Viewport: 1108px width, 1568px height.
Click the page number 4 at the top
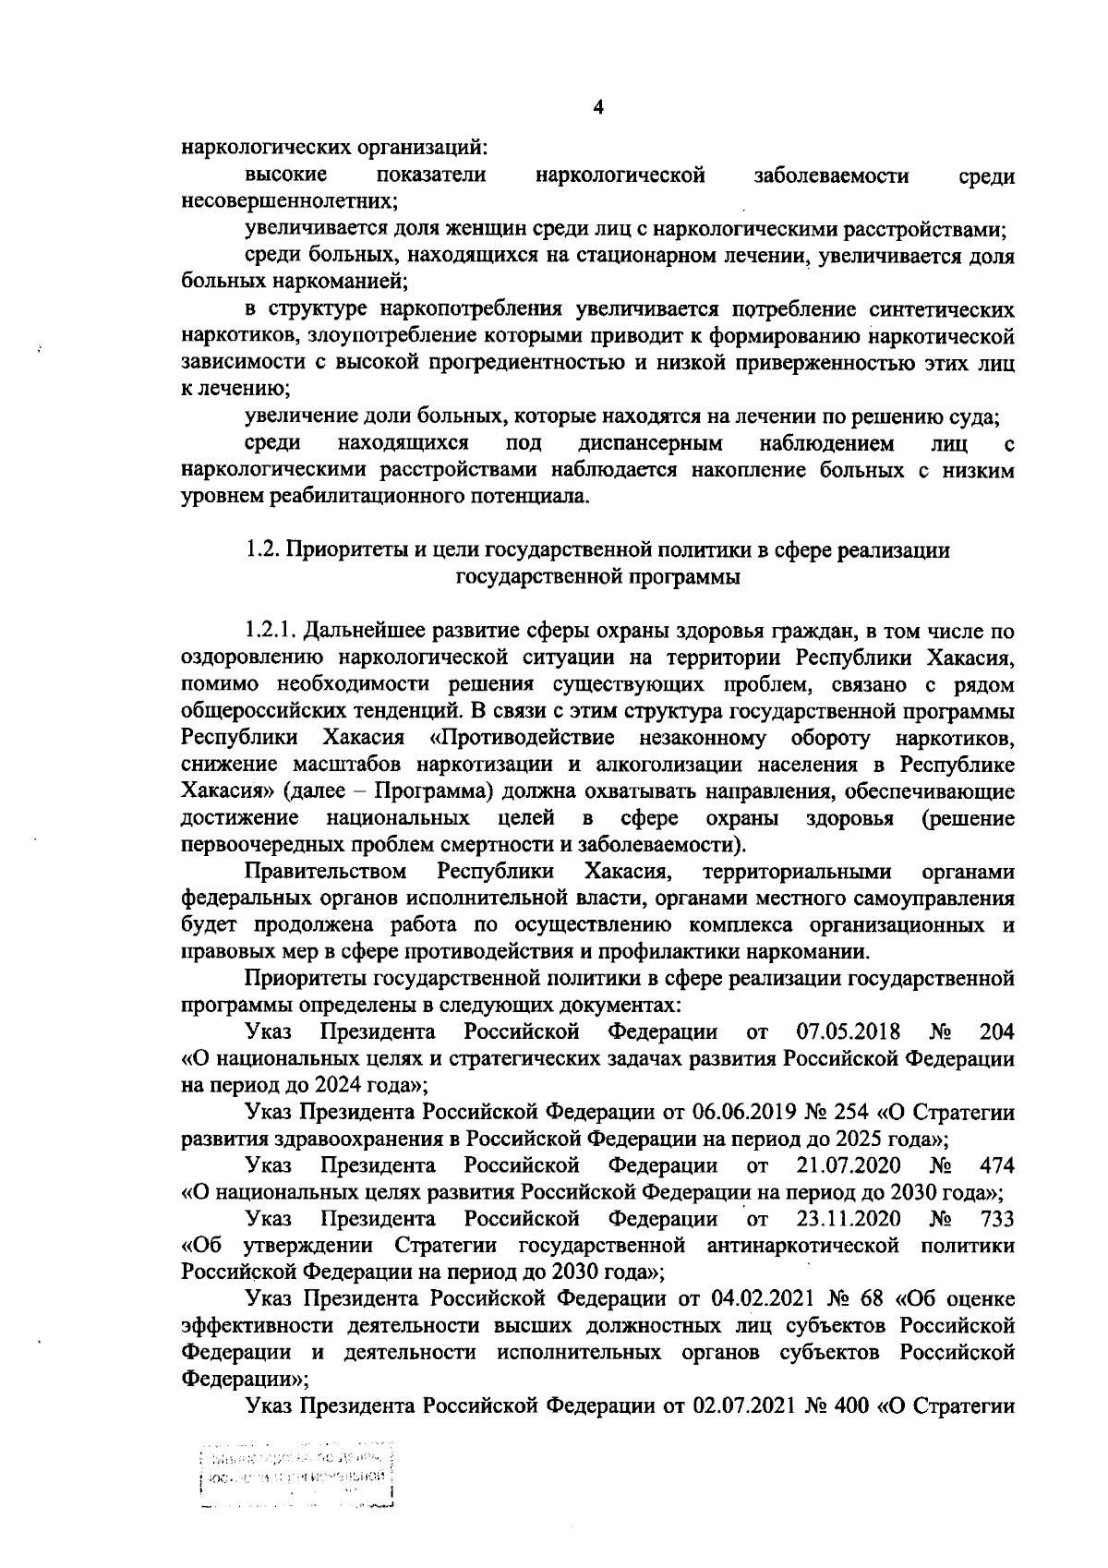click(597, 108)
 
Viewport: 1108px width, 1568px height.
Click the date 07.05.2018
click(848, 1031)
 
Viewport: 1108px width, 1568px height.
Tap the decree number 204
click(996, 1031)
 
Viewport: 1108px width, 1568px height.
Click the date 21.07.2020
click(848, 1165)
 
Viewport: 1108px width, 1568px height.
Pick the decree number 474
click(996, 1165)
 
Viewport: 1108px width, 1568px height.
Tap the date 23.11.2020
click(849, 1219)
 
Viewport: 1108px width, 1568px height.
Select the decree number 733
click(996, 1219)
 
